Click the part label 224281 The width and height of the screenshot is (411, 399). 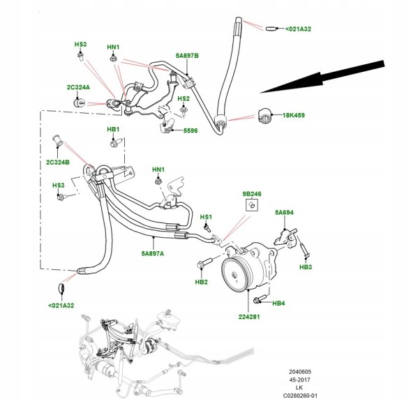pyautogui.click(x=249, y=317)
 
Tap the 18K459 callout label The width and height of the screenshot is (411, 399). pyautogui.click(x=294, y=115)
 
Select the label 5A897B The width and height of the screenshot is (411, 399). pyautogui.click(x=187, y=56)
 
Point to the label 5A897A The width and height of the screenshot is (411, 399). pyautogui.click(x=153, y=254)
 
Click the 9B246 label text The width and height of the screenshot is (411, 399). pyautogui.click(x=252, y=194)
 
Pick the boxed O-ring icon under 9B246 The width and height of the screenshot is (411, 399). pyautogui.click(x=252, y=205)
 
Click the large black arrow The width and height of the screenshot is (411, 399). pyautogui.click(x=322, y=77)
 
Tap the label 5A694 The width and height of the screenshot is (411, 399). pyautogui.click(x=284, y=213)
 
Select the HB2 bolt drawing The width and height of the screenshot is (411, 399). pyautogui.click(x=204, y=263)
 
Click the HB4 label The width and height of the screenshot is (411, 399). pyautogui.click(x=278, y=303)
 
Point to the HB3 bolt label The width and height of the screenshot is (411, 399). pyautogui.click(x=306, y=267)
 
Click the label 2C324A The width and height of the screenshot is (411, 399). pyautogui.click(x=78, y=87)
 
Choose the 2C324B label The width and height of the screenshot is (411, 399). pyautogui.click(x=58, y=163)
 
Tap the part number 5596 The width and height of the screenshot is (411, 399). pyautogui.click(x=190, y=130)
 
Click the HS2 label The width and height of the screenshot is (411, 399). pyautogui.click(x=184, y=99)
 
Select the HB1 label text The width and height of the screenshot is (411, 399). pyautogui.click(x=113, y=130)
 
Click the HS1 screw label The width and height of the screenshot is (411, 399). pyautogui.click(x=206, y=217)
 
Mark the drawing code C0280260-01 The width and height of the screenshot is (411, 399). pyautogui.click(x=300, y=396)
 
